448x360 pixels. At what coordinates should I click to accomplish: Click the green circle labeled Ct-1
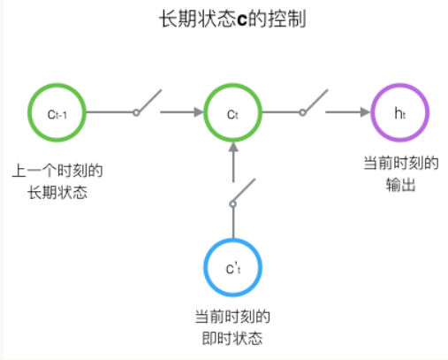click(x=59, y=112)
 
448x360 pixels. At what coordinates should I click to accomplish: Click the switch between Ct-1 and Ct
click(x=148, y=103)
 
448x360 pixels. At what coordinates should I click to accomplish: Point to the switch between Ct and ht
click(x=315, y=103)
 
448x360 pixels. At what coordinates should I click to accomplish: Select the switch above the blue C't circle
click(x=241, y=193)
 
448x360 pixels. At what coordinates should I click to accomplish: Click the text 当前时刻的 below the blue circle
click(x=233, y=316)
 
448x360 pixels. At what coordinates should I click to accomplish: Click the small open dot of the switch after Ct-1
click(x=136, y=112)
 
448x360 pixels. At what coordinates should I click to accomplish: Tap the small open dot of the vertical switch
click(x=233, y=203)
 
